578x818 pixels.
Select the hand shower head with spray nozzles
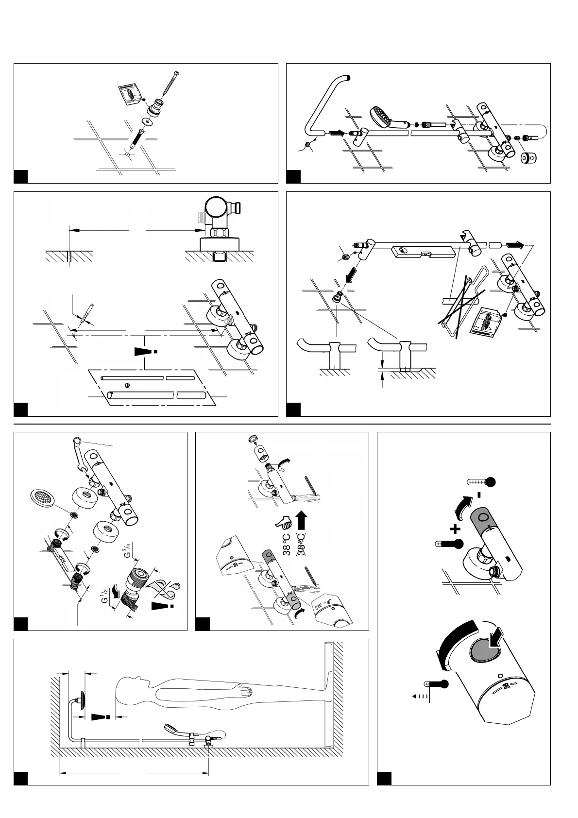tap(382, 116)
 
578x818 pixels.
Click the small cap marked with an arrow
tap(530, 158)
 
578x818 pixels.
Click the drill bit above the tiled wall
tap(87, 314)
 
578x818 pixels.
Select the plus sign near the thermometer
tap(455, 528)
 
